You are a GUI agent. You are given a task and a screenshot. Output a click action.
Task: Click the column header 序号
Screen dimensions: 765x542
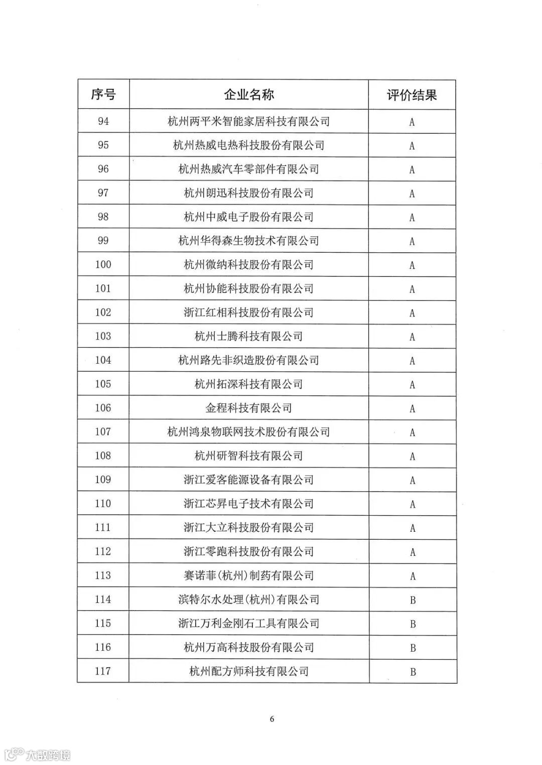click(103, 94)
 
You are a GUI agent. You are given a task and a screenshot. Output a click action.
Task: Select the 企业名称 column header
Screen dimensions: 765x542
click(249, 94)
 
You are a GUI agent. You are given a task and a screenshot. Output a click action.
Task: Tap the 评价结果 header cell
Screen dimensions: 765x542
click(412, 95)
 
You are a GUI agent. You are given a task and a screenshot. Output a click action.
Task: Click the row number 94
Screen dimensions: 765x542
click(103, 121)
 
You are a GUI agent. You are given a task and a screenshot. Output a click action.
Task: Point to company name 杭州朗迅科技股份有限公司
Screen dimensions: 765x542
click(249, 193)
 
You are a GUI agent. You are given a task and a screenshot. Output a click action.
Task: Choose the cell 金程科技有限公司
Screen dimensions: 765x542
click(249, 408)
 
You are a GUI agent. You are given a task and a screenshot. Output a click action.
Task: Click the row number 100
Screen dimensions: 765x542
click(103, 264)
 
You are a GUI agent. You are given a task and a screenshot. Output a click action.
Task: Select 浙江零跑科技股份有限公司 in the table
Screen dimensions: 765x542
click(249, 551)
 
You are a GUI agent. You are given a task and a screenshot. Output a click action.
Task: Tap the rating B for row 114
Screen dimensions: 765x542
click(413, 600)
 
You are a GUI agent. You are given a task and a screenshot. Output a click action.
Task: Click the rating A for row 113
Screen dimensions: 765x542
click(413, 576)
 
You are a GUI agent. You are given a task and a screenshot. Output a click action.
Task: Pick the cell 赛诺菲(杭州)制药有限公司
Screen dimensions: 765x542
click(249, 575)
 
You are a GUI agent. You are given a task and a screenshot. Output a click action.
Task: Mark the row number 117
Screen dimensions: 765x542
click(103, 671)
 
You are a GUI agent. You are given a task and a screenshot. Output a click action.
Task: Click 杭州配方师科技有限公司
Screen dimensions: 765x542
click(249, 671)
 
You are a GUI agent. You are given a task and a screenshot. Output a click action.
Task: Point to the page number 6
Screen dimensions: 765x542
click(272, 719)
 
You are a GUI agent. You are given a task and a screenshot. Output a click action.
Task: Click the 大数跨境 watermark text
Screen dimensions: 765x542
click(48, 754)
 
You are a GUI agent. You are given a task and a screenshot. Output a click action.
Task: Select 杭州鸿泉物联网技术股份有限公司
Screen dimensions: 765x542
click(249, 432)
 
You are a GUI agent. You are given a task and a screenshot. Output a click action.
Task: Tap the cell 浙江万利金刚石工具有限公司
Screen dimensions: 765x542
click(249, 623)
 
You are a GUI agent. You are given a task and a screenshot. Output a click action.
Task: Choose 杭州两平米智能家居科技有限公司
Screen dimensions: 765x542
click(249, 121)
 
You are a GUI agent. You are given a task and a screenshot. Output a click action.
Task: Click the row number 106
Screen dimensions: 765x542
click(103, 408)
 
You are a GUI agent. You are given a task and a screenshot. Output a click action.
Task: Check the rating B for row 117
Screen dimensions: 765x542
click(413, 672)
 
